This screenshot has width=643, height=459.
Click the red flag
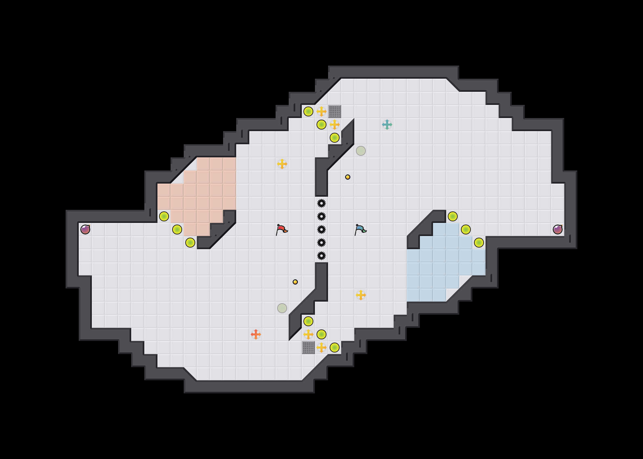[x=281, y=229]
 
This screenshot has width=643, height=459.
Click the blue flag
[x=360, y=229]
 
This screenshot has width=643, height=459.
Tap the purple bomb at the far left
[x=85, y=229]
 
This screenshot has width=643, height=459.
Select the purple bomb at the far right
[x=558, y=229]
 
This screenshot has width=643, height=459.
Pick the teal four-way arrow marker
[x=387, y=125]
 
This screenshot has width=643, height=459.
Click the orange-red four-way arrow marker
[x=256, y=334]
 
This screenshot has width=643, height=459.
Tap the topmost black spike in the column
[x=321, y=203]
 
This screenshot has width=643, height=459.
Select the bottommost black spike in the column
[x=321, y=256]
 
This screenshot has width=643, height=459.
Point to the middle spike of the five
[x=321, y=229]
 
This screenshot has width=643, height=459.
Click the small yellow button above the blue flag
[x=348, y=177]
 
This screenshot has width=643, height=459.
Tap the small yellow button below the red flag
[x=295, y=282]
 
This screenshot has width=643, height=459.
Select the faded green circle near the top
[x=361, y=151]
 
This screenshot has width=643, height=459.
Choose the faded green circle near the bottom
[x=282, y=308]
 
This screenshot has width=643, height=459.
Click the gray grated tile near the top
[x=335, y=111]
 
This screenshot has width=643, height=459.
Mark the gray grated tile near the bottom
[x=308, y=348]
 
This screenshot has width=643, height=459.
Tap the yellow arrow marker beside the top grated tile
[x=321, y=111]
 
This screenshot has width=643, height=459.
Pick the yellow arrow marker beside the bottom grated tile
[x=321, y=348]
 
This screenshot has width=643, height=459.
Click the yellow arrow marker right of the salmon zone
[x=282, y=164]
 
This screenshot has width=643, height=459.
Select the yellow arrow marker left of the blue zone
[x=361, y=295]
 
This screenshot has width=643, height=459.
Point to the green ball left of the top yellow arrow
[x=308, y=111]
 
